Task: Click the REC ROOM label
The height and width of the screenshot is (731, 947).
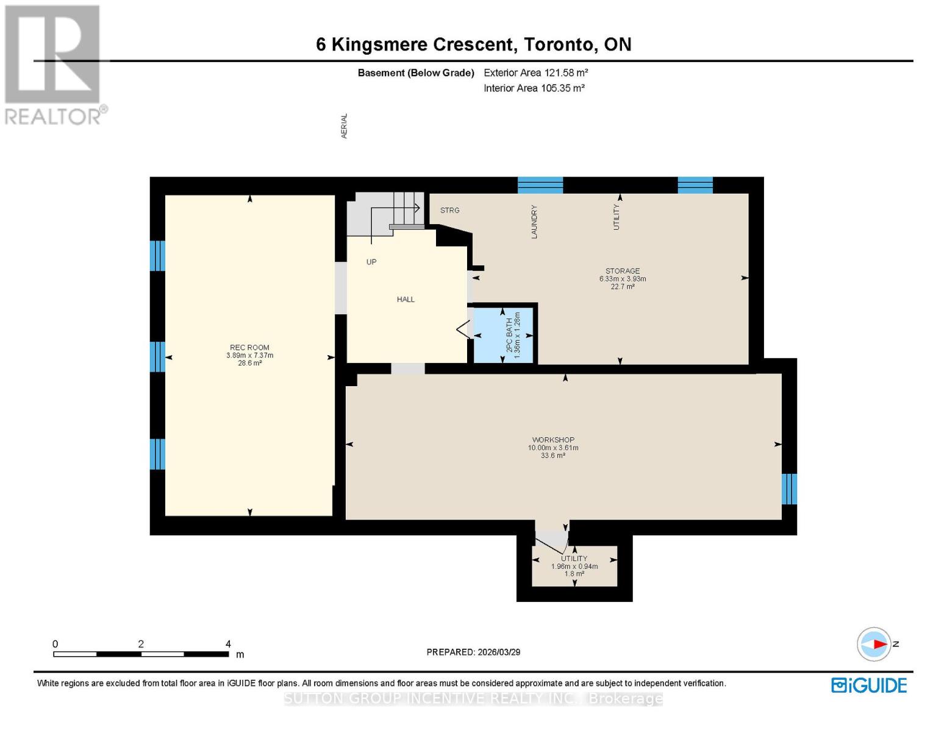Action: [249, 348]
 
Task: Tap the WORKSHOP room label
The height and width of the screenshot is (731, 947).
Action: [553, 440]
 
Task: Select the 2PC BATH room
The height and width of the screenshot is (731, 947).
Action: [504, 336]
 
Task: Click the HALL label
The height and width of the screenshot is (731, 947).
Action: [406, 300]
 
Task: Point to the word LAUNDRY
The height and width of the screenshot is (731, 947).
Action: [534, 222]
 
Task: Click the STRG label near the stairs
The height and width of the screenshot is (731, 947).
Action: [450, 210]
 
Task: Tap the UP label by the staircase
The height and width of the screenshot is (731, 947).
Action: [371, 262]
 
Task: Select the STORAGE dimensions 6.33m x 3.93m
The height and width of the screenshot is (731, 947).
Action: [623, 279]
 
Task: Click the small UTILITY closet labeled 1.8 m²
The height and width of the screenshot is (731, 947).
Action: [574, 566]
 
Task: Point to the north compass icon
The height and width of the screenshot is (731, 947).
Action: [874, 644]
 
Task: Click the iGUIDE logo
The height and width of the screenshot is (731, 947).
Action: [869, 685]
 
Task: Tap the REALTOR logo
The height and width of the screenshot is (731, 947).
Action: [54, 64]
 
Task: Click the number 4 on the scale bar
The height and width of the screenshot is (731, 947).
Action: [228, 644]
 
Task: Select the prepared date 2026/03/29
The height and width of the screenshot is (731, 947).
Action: [498, 652]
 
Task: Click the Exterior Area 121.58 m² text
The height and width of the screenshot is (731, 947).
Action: [535, 72]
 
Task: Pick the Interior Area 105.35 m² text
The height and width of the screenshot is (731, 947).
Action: [534, 88]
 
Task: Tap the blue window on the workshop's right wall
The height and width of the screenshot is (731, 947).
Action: [789, 489]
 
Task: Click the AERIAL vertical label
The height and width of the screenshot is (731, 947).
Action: [344, 125]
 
